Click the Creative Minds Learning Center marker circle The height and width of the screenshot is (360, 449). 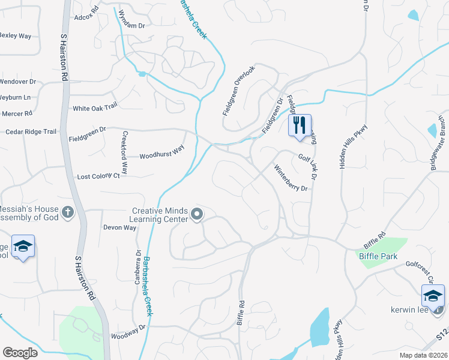[196, 214]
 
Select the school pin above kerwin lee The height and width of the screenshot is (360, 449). [433, 296]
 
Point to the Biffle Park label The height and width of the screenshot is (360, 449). [375, 256]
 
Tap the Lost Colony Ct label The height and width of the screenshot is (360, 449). [99, 177]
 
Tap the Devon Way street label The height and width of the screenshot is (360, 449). [120, 227]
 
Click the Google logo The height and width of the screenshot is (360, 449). [20, 352]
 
